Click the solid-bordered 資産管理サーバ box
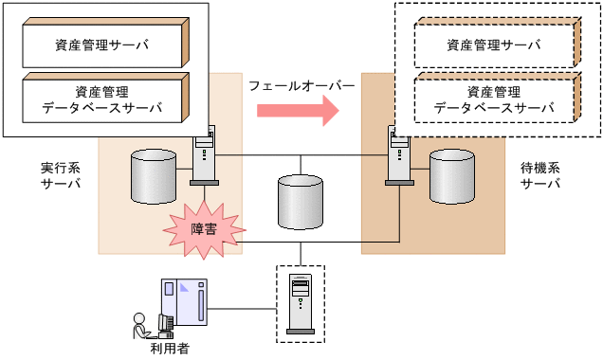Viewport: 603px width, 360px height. click(x=100, y=45)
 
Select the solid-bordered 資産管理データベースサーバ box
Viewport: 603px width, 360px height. click(x=100, y=99)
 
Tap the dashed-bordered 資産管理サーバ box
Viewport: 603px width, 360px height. click(x=493, y=45)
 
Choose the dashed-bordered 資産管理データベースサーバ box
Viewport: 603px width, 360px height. click(x=493, y=99)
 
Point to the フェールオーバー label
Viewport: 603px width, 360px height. click(x=301, y=85)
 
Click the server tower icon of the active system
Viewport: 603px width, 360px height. click(x=206, y=156)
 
